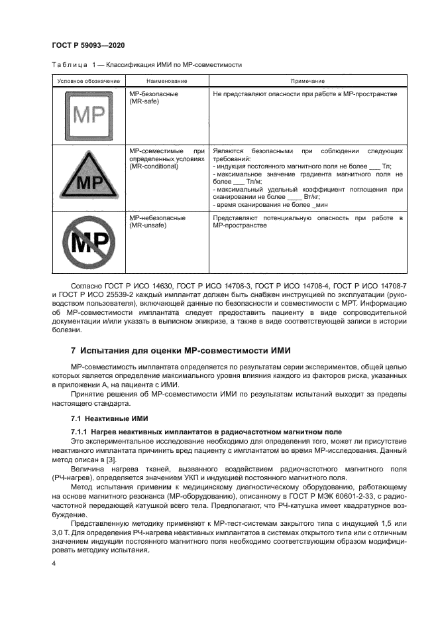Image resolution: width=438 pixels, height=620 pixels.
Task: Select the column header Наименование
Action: coord(168,80)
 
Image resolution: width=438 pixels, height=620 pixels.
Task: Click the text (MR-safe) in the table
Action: coord(144,102)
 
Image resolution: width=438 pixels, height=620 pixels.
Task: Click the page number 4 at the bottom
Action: coord(54,563)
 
